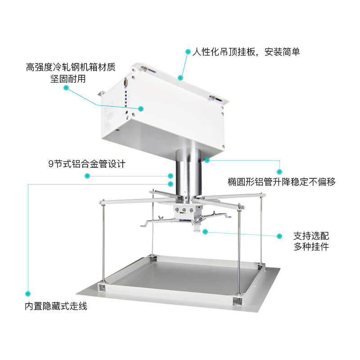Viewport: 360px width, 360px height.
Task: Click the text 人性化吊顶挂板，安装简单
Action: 246,52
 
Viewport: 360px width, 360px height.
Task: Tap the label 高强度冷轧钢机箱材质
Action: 71,67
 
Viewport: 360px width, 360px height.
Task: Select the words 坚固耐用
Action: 67,79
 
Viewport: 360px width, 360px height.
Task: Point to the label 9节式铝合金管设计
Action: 87,164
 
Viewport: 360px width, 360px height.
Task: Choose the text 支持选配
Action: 311,235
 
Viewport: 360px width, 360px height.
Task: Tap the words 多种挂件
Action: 311,247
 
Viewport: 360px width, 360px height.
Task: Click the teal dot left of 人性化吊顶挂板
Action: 188,52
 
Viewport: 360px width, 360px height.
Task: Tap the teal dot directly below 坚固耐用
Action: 66,89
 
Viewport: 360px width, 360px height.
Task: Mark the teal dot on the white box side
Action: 140,108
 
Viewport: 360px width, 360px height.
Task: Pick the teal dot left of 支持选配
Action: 279,236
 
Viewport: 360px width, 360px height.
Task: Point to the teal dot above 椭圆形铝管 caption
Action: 279,171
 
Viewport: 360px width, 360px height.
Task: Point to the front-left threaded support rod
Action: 104,243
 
